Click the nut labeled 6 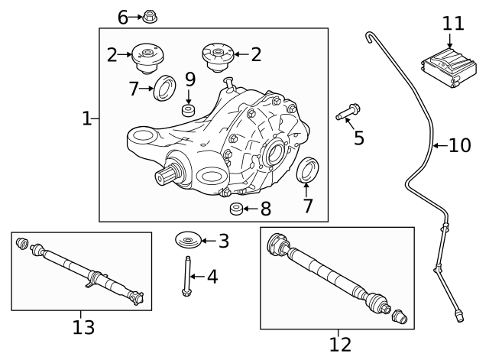[x=150, y=16]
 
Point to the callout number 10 [x=459, y=144]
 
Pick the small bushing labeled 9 [x=189, y=111]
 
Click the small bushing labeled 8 [x=236, y=209]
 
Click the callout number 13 [x=83, y=327]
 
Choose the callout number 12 [x=340, y=344]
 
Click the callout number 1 [x=86, y=118]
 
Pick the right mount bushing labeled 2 [x=215, y=56]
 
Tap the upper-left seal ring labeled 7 [x=164, y=88]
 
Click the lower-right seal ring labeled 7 [x=306, y=171]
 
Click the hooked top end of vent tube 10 [x=371, y=34]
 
